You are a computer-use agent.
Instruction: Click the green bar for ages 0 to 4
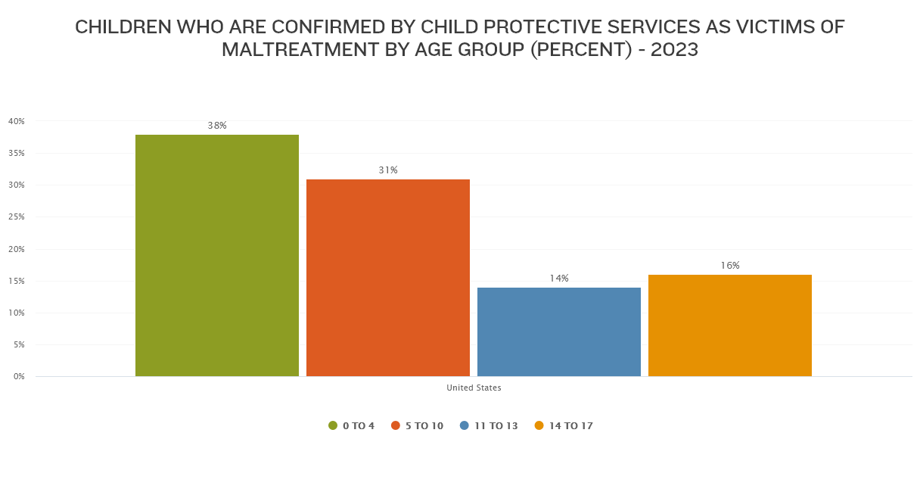coord(217,256)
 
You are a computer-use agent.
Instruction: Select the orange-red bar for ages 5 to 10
coord(388,278)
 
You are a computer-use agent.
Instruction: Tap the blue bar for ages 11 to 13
coord(559,332)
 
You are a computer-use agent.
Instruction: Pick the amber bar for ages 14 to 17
coord(730,325)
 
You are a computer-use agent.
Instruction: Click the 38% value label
coord(217,126)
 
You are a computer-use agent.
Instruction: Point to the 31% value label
coord(388,170)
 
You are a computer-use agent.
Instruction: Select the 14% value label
coord(559,279)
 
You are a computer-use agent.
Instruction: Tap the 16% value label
coord(730,266)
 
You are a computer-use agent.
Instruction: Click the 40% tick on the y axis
coord(17,121)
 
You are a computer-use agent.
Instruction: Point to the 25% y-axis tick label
coord(17,217)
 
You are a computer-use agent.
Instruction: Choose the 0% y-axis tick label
coord(18,376)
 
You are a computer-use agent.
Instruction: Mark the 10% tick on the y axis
coord(17,313)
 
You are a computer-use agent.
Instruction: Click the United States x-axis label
coord(474,388)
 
